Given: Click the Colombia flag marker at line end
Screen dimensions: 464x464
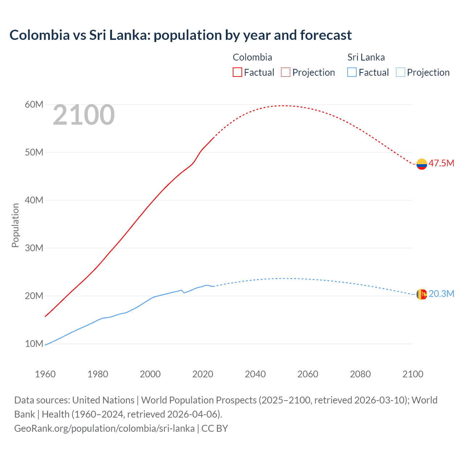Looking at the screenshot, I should tap(422, 164).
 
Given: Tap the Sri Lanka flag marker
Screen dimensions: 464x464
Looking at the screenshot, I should tap(422, 294).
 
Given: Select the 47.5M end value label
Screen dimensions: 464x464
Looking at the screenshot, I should tap(441, 163).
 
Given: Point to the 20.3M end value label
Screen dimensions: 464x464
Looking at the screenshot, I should tap(441, 294).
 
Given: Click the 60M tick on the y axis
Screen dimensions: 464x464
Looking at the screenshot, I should tap(34, 105).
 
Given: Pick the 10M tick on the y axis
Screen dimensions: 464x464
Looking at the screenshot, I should tap(34, 344).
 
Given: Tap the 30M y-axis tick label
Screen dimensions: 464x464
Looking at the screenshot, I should tap(34, 248).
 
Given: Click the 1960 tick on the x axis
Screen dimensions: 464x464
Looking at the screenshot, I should tap(45, 374).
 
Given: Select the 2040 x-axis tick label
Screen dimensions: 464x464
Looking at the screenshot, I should tap(255, 374).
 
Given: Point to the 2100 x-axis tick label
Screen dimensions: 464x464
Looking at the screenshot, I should tap(413, 374).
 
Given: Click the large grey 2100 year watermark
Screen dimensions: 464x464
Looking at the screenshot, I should tap(84, 115).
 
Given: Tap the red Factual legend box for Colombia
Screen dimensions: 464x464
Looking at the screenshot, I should tap(237, 72).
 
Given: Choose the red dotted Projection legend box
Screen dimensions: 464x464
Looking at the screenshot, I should tap(286, 72).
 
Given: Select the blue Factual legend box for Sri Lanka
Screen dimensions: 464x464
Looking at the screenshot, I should tap(352, 72).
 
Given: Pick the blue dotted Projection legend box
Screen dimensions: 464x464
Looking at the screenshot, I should tap(400, 72).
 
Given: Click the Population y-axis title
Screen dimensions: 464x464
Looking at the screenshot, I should tap(15, 225).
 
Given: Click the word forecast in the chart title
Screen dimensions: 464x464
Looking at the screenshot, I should tap(326, 35).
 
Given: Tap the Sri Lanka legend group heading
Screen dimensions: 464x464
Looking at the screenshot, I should tap(366, 57).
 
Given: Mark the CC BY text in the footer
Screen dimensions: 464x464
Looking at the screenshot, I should tap(215, 428).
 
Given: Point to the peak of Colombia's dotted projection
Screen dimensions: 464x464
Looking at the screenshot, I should tap(285, 105).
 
